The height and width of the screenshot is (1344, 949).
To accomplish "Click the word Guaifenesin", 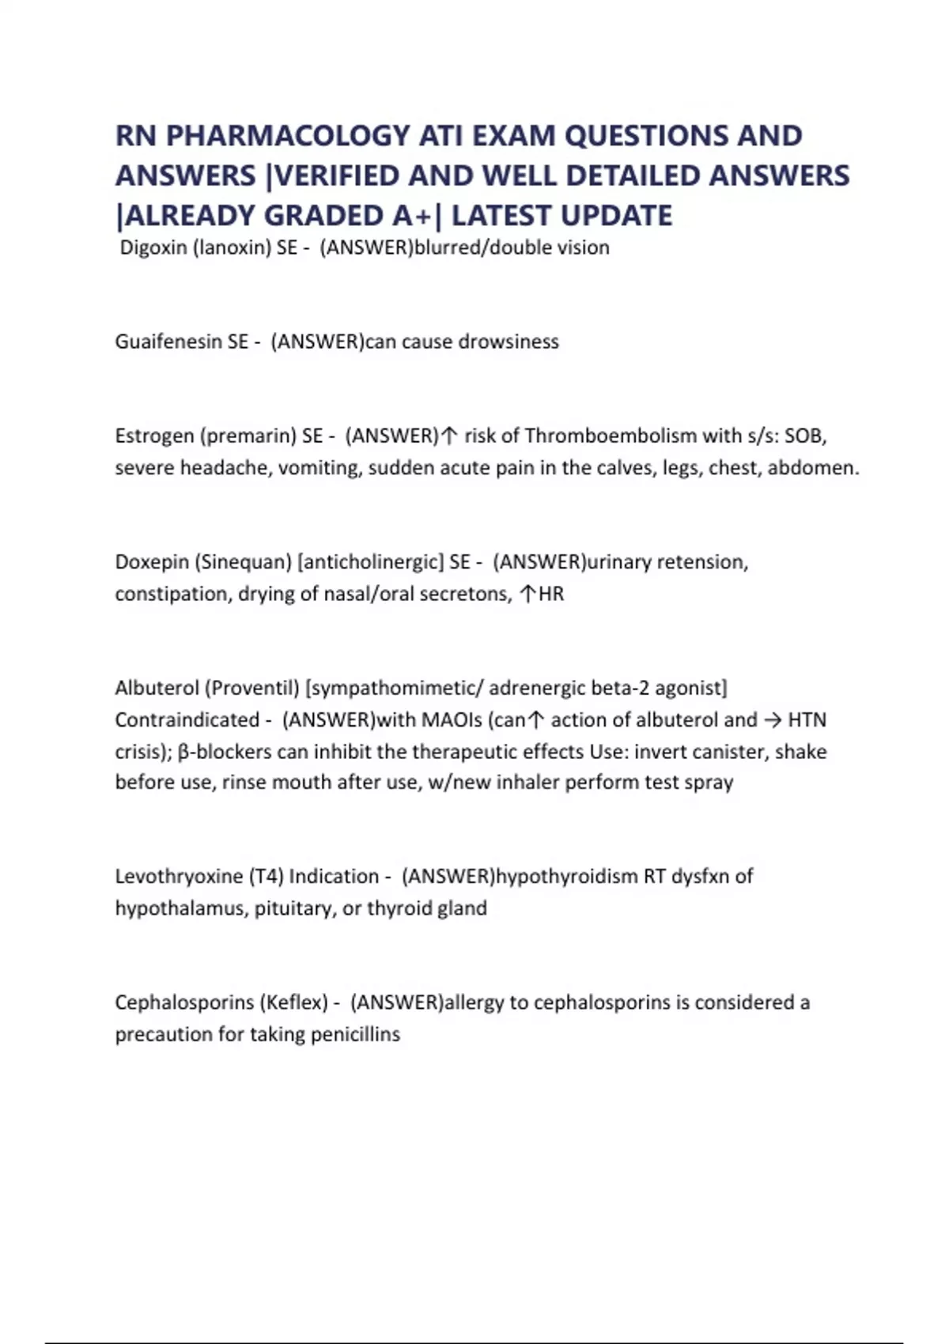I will coord(168,342).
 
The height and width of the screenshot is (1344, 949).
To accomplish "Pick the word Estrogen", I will coord(154,436).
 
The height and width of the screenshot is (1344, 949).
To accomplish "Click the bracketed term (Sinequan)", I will coord(245,562).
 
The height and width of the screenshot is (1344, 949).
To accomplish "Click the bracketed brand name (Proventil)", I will coord(252,688).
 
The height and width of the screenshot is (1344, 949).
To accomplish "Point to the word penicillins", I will coord(355,1034).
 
